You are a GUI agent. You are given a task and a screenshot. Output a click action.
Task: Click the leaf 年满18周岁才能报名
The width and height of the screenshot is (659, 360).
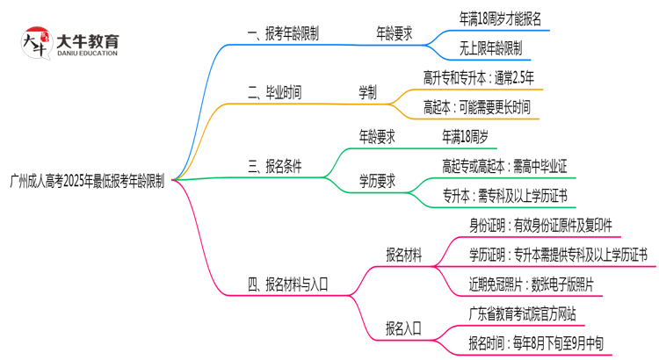click(500, 18)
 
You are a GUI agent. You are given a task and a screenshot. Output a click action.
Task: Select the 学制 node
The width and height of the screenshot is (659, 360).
click(367, 91)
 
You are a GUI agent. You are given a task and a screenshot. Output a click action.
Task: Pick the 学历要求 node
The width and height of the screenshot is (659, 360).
click(376, 181)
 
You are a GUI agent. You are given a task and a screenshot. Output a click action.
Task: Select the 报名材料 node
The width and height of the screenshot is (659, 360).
click(403, 255)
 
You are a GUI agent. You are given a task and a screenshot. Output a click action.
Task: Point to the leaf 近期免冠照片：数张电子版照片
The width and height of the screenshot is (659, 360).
click(531, 284)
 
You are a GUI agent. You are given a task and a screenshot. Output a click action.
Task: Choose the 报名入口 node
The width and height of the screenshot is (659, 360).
click(403, 328)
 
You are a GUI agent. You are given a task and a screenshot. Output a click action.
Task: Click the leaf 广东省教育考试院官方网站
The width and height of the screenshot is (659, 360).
click(523, 313)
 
